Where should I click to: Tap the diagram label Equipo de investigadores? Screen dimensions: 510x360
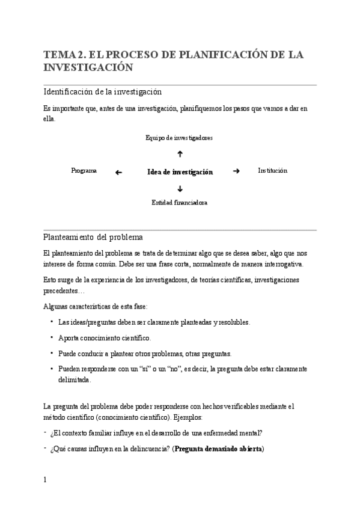tap(179, 138)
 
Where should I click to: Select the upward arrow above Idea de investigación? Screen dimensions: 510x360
tap(180, 155)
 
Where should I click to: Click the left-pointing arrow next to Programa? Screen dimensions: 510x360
tap(118, 172)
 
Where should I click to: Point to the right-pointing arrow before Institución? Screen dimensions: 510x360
tap(236, 171)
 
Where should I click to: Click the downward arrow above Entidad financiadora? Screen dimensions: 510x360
tap(180, 188)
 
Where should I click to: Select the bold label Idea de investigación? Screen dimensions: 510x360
tap(180, 172)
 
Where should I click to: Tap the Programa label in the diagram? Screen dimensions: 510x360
tap(84, 171)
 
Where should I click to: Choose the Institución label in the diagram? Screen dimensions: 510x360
tap(272, 171)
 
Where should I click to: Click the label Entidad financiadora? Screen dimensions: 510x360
tap(179, 203)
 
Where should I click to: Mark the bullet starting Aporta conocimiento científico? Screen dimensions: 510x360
tap(105, 338)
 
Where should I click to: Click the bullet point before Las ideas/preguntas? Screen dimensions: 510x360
tap(52, 322)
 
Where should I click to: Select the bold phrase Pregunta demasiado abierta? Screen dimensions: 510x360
tap(219, 449)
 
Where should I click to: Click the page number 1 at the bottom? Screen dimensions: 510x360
tap(45, 480)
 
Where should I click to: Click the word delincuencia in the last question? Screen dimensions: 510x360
tap(145, 449)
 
